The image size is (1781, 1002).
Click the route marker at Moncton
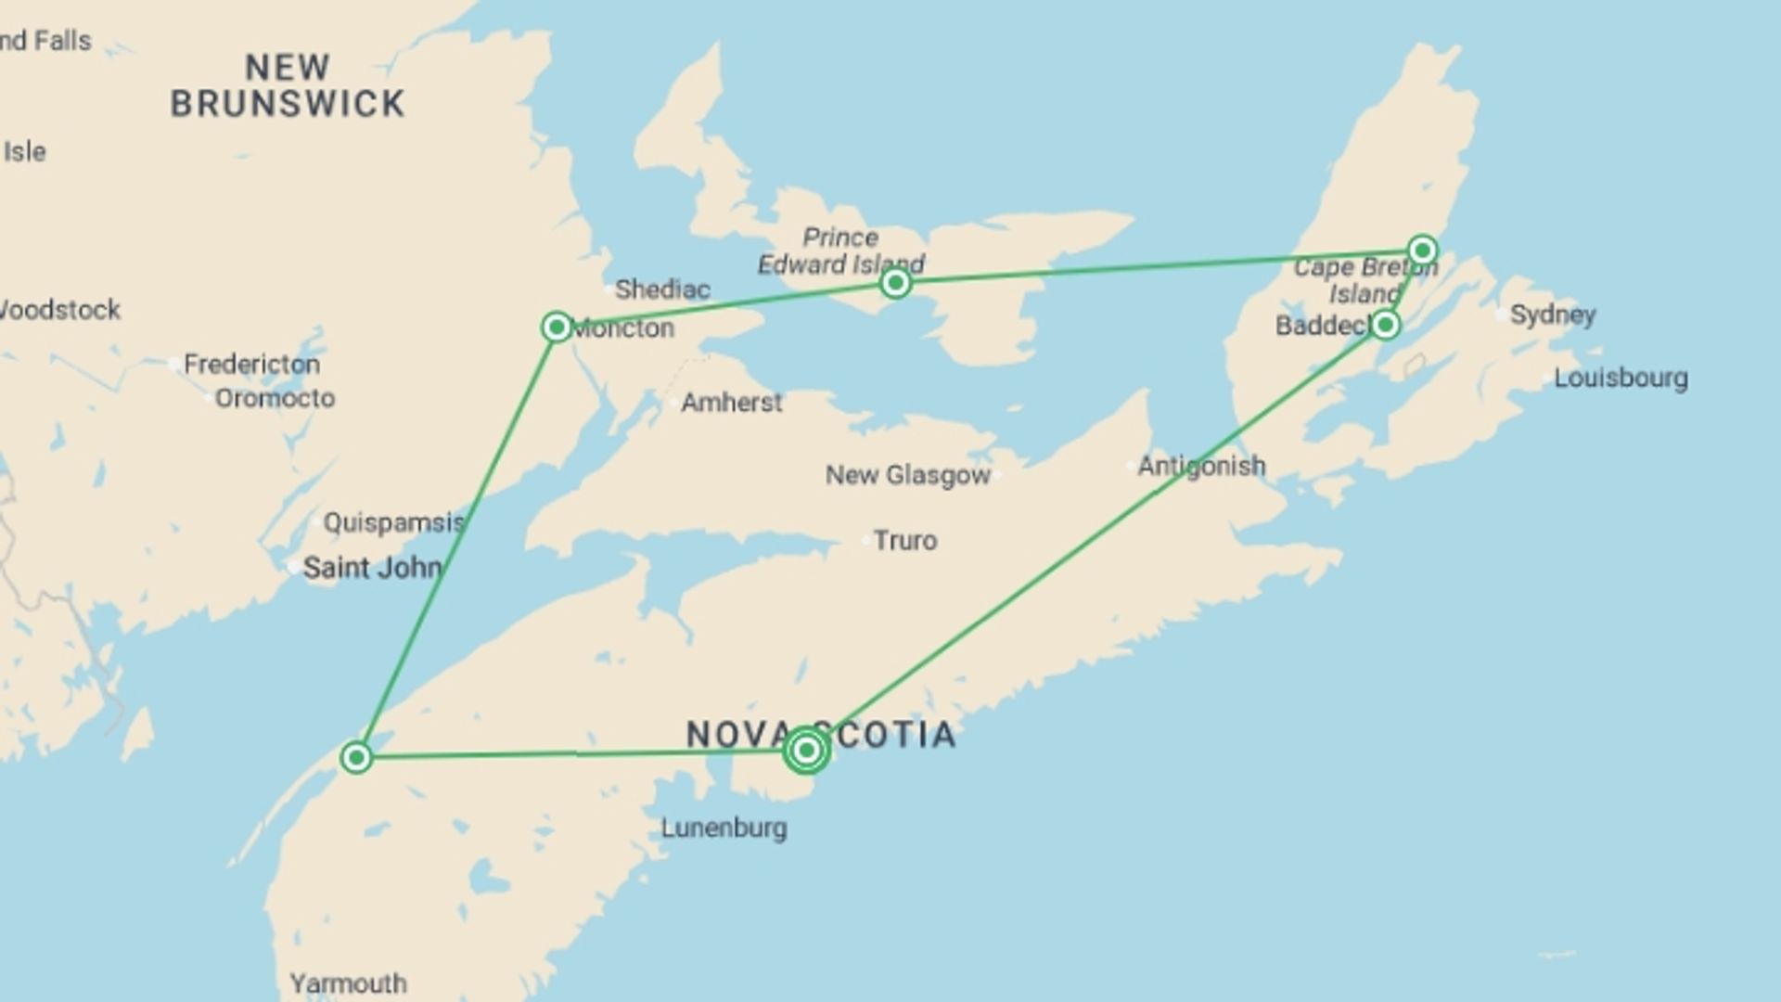pos(557,327)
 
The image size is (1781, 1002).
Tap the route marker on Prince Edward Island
pos(895,282)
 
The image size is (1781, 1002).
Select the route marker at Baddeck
pos(1385,325)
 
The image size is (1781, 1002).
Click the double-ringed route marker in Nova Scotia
pos(806,750)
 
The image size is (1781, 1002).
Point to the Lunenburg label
pos(724,828)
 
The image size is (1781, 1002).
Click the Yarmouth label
pos(348,983)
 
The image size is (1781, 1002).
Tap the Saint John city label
pos(372,567)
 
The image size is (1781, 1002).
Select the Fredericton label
pos(251,364)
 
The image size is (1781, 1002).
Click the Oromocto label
pos(275,398)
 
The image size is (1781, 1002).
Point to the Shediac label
pos(662,289)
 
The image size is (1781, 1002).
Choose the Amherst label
pos(731,403)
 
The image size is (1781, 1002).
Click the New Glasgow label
pos(908,475)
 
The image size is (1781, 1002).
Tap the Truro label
pos(904,540)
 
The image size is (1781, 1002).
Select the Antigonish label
pos(1201,466)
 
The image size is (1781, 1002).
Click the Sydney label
pos(1553,315)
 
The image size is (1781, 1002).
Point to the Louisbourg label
pos(1621,378)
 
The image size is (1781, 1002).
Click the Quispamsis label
pos(393,522)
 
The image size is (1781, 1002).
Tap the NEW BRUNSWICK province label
pos(288,85)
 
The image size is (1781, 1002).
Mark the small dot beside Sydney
pos(1501,315)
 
